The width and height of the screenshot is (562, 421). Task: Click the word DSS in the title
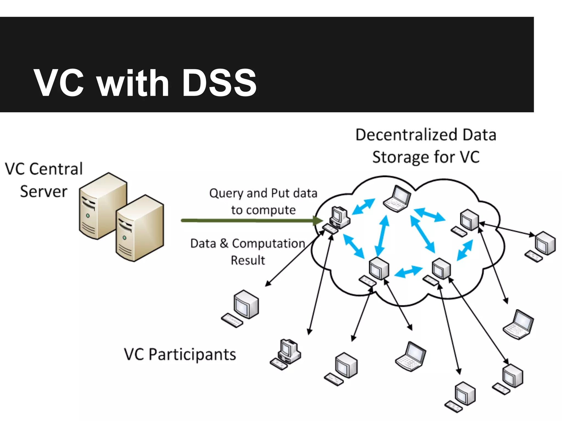coord(219,83)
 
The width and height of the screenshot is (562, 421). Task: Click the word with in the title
coord(133,83)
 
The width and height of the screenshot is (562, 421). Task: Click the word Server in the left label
coord(44,191)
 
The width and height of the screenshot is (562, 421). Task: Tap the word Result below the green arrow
coord(248,260)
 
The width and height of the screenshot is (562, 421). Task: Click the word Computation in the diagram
coord(268,243)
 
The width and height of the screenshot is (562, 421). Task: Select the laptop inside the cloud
coord(397,199)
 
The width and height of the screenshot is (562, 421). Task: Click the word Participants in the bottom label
coord(192,354)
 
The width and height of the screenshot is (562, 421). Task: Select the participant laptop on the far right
coord(518,325)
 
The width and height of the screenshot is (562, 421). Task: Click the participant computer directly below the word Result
coord(241,308)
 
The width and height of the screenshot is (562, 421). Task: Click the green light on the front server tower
coord(125,238)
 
